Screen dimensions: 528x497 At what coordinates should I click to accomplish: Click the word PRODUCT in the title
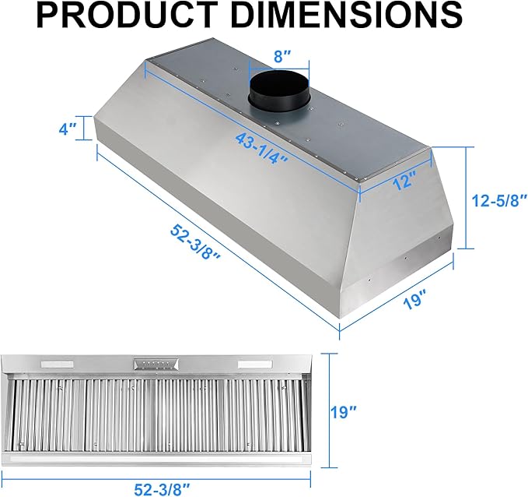click(x=127, y=16)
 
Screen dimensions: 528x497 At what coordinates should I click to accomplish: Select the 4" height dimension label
click(x=68, y=129)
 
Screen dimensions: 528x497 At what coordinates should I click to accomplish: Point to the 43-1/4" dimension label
click(x=261, y=148)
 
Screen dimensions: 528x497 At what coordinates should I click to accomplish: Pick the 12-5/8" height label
click(x=499, y=201)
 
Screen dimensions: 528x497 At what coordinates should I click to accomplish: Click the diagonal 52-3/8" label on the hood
click(x=195, y=241)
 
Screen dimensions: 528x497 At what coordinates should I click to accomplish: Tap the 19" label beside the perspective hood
click(x=414, y=300)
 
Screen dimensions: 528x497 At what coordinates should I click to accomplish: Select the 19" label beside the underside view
click(x=342, y=411)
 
